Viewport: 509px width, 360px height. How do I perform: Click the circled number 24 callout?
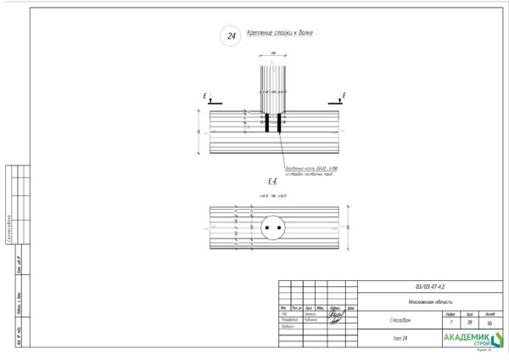(229, 36)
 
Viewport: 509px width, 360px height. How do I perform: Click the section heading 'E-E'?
(273, 182)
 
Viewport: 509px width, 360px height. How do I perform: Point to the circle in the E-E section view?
(273, 228)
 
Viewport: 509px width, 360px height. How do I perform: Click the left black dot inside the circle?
(267, 228)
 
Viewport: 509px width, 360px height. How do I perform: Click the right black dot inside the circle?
(279, 228)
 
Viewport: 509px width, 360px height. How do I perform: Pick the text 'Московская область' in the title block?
(429, 301)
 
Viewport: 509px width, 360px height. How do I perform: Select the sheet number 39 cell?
(469, 323)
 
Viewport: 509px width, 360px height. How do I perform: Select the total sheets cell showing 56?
(489, 323)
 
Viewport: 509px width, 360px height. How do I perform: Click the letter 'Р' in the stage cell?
(450, 323)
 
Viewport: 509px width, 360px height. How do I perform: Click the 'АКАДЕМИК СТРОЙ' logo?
(472, 340)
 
